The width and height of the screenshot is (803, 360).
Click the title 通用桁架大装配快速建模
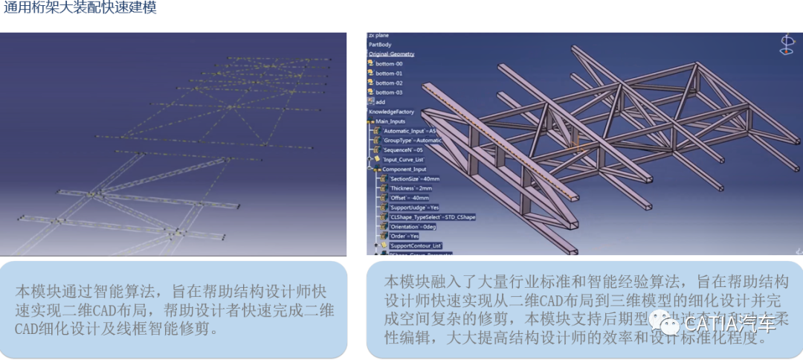coord(80,8)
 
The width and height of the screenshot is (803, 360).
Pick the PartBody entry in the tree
coord(380,45)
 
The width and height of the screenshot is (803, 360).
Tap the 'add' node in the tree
coord(380,102)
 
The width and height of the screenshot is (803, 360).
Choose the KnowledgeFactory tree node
coord(391,112)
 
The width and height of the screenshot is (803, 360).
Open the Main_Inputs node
coord(393,121)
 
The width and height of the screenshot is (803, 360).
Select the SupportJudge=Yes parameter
coord(413,208)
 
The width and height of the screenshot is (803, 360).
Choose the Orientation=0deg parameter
coord(412,226)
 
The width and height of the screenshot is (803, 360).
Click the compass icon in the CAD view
coord(786,45)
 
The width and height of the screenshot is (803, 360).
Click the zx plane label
coord(378,35)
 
